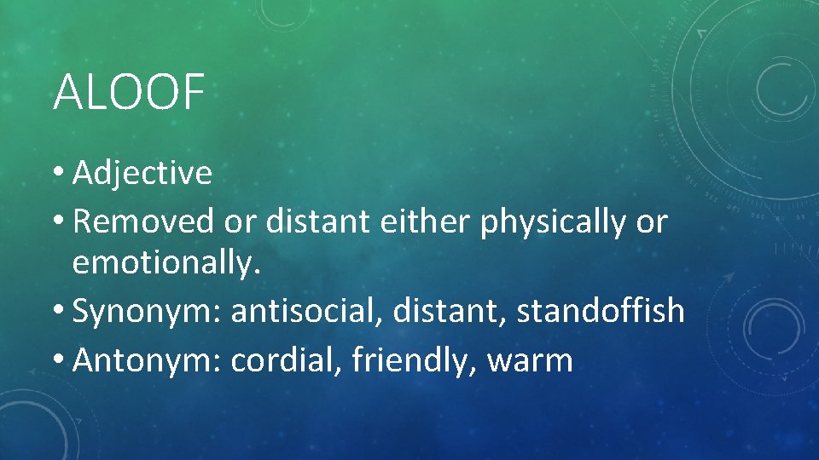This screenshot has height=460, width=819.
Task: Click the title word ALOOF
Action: click(129, 92)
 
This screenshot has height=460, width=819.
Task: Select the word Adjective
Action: click(142, 173)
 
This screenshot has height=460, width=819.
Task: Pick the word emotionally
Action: click(166, 264)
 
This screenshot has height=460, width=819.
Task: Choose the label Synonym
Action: click(147, 312)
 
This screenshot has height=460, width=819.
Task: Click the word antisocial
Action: click(305, 311)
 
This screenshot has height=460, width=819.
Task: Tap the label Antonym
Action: click(148, 359)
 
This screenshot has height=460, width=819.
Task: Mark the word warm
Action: click(529, 360)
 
